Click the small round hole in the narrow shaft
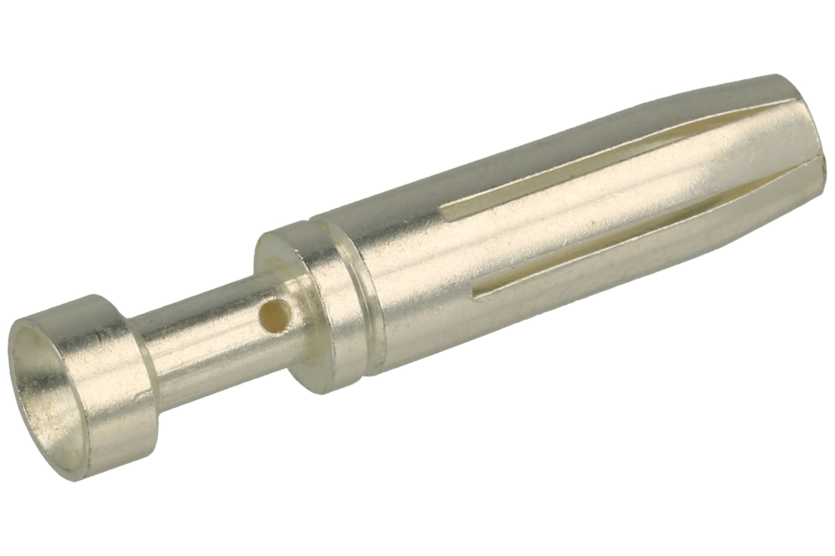click(273, 318)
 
